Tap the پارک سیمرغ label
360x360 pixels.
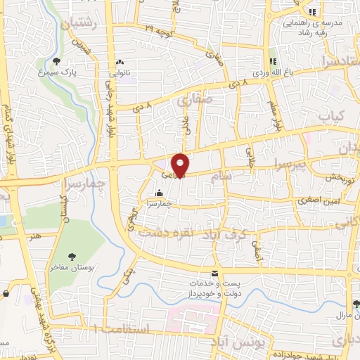pyautogui.click(x=57, y=72)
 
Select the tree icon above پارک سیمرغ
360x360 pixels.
pyautogui.click(x=57, y=61)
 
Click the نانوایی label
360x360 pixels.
pyautogui.click(x=119, y=72)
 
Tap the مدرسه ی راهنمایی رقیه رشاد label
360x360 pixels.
pyautogui.click(x=313, y=27)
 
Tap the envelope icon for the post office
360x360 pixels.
pyautogui.click(x=215, y=274)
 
